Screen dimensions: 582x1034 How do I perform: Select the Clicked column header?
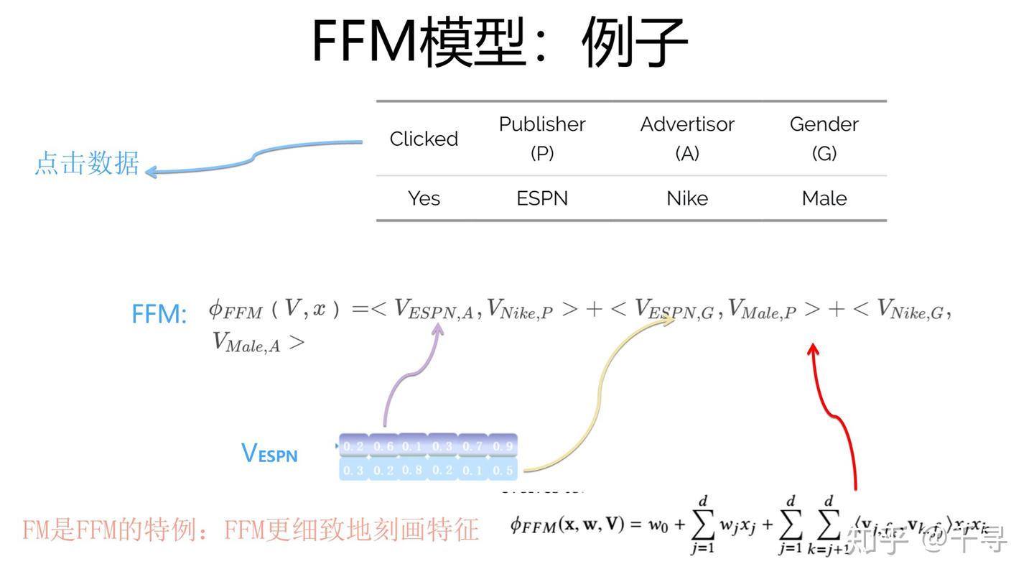[424, 139]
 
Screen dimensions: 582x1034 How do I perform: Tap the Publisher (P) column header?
[542, 138]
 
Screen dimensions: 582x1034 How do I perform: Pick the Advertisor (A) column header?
[687, 138]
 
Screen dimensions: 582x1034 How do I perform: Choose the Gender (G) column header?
[824, 138]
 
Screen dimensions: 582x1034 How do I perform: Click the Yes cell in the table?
[424, 198]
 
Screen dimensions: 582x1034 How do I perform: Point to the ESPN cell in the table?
[542, 198]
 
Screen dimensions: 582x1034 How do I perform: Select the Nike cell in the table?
[687, 198]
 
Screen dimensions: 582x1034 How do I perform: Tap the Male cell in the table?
[824, 198]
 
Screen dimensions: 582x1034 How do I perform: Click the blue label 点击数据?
[87, 164]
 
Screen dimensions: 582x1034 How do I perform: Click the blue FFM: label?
[159, 314]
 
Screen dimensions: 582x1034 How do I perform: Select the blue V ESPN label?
[269, 453]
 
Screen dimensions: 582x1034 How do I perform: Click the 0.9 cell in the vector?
[503, 446]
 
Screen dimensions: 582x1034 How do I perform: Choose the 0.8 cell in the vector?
[412, 470]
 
